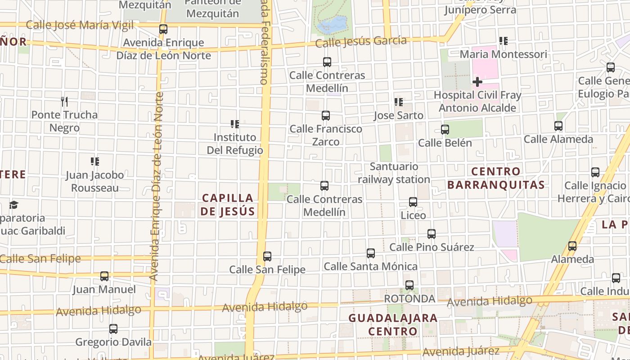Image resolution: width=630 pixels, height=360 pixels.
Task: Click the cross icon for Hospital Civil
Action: pyautogui.click(x=477, y=82)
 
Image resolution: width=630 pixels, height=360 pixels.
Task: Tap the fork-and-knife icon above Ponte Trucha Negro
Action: pyautogui.click(x=64, y=102)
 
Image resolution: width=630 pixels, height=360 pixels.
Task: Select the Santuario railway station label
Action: pyautogui.click(x=394, y=173)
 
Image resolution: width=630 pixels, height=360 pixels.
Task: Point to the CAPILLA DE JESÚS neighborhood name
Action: pyautogui.click(x=228, y=205)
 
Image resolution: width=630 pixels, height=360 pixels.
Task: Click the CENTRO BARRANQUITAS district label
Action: pyautogui.click(x=496, y=178)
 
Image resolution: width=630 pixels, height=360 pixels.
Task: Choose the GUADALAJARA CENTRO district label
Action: pyautogui.click(x=393, y=325)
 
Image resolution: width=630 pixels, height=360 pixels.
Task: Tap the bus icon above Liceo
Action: pyautogui.click(x=413, y=202)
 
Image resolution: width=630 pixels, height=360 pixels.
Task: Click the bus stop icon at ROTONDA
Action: pyautogui.click(x=409, y=285)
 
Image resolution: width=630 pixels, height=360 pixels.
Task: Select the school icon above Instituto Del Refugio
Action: pyautogui.click(x=234, y=124)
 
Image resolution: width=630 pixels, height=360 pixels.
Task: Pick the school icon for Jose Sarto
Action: pyautogui.click(x=398, y=102)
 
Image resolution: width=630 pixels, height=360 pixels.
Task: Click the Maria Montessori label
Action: pyautogui.click(x=503, y=54)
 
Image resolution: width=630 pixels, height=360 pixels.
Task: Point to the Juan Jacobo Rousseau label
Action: pyautogui.click(x=94, y=181)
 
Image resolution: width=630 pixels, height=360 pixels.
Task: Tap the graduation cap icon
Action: pyautogui.click(x=13, y=205)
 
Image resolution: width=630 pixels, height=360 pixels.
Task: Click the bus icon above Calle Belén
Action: pyautogui.click(x=445, y=130)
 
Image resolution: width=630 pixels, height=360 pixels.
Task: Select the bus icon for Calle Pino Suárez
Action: pyautogui.click(x=432, y=234)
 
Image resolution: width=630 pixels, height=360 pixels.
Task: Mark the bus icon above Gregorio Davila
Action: pyautogui.click(x=113, y=329)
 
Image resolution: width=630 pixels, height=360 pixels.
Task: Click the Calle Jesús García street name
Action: pyautogui.click(x=361, y=42)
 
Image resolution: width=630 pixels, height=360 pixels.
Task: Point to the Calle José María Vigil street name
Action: pyautogui.click(x=80, y=25)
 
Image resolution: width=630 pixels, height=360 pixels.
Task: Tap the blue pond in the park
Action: pyautogui.click(x=332, y=25)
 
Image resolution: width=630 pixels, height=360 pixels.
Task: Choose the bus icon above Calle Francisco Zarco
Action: pyautogui.click(x=326, y=116)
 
